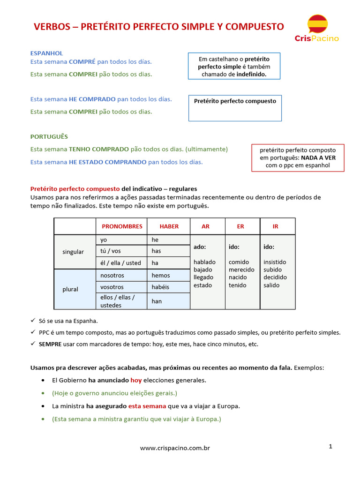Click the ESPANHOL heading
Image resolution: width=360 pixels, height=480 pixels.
coord(46,53)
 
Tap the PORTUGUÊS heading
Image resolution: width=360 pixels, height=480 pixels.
coord(49,136)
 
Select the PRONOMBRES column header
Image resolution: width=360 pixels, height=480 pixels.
coord(122,226)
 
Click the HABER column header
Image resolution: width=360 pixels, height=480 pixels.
coord(169,226)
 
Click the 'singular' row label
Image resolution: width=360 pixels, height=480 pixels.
coord(73,252)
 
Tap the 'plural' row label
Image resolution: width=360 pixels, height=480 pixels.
coord(70,289)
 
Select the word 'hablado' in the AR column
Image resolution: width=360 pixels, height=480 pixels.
coord(204,262)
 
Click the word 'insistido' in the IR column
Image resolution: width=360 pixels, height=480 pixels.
coord(275,262)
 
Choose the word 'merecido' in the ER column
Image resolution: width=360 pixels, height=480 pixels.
coord(241,270)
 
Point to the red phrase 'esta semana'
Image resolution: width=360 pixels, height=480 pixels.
coord(147,406)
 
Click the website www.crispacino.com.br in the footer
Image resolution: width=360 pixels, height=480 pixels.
coord(175,448)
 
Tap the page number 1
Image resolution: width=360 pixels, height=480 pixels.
coord(330,447)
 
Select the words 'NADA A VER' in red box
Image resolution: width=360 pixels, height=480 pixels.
coord(318,157)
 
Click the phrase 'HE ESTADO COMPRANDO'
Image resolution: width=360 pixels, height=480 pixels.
coord(107,162)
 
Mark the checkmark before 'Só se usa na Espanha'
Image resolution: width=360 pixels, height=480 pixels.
coord(33,321)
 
